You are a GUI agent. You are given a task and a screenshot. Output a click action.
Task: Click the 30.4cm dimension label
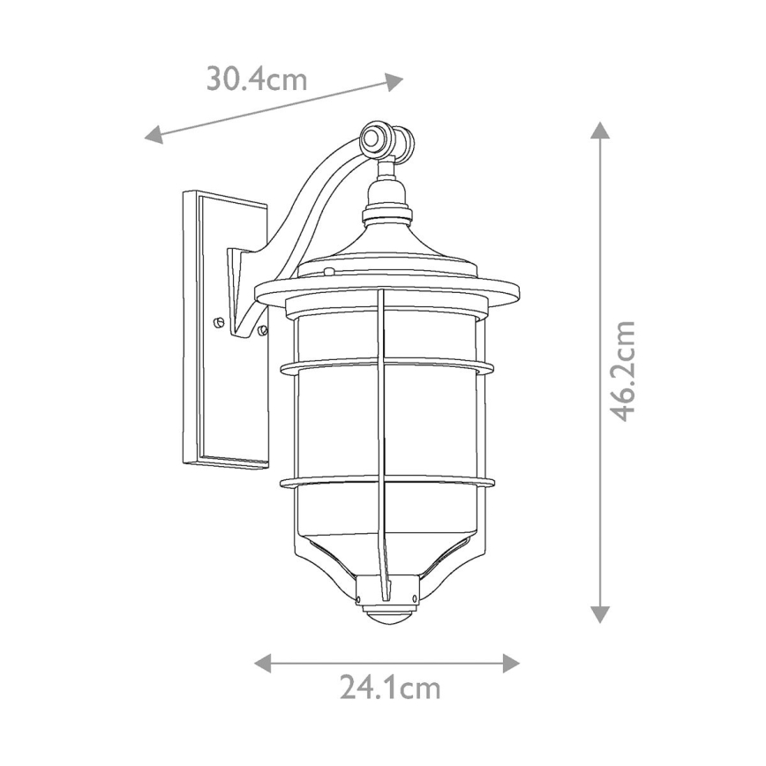tap(257, 79)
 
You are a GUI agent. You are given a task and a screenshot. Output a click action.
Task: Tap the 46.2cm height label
tap(623, 371)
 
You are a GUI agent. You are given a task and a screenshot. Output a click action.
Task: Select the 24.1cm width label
tap(389, 687)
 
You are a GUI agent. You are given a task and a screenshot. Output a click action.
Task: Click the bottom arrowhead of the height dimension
tap(600, 614)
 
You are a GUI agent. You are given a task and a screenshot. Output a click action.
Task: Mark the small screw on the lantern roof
tap(327, 272)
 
